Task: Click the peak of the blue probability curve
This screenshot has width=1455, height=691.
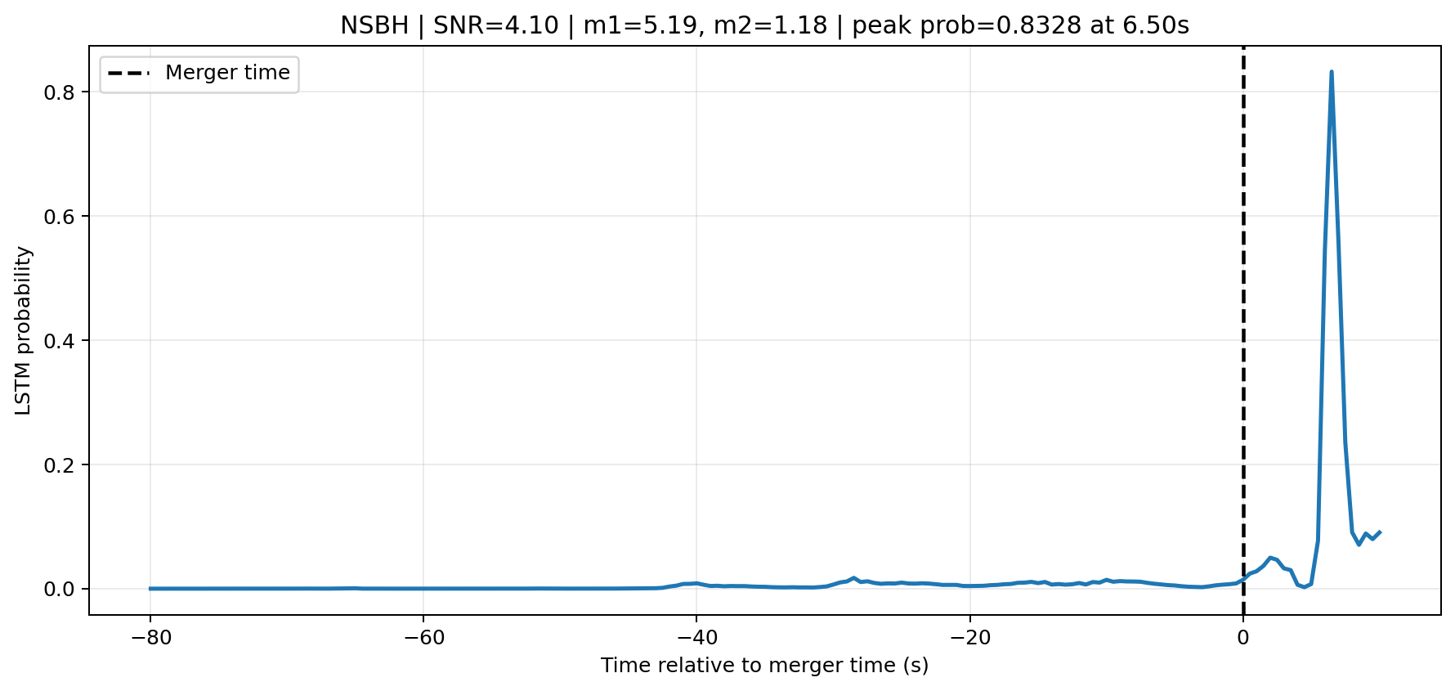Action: point(1332,72)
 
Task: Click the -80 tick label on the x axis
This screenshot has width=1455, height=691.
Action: point(150,637)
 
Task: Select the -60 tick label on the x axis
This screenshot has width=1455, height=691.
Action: point(423,637)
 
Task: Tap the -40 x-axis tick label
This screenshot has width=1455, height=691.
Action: point(696,637)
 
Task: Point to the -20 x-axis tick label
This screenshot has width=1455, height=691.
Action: point(969,637)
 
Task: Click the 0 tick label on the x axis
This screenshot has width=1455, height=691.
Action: point(1243,637)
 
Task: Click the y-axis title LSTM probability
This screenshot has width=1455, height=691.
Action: point(24,330)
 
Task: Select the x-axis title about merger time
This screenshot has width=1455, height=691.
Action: point(764,666)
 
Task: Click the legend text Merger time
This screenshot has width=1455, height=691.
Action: point(227,73)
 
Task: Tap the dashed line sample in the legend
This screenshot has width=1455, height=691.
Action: point(129,74)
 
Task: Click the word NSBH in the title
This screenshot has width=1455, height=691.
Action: point(374,26)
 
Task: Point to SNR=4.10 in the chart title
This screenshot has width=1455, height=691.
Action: point(496,26)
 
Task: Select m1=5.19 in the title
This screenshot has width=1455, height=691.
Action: point(634,26)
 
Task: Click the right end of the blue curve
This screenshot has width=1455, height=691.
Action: point(1380,532)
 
